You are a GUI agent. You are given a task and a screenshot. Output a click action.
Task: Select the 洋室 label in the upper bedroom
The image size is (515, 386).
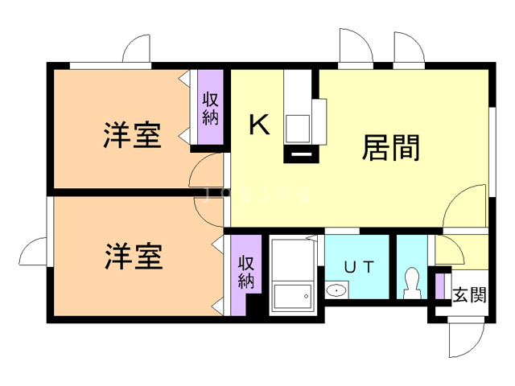132,134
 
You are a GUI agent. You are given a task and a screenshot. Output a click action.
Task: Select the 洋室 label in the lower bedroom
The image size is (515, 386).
133,257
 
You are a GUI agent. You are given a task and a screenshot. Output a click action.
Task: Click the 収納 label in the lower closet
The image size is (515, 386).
246,273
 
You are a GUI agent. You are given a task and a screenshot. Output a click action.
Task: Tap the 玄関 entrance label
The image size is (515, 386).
469,294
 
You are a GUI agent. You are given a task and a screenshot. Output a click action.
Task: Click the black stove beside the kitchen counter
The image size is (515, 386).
301,152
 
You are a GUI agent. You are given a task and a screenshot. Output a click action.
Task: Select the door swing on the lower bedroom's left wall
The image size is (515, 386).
35,253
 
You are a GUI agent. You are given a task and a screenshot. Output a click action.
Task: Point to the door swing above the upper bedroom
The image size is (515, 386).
138,49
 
